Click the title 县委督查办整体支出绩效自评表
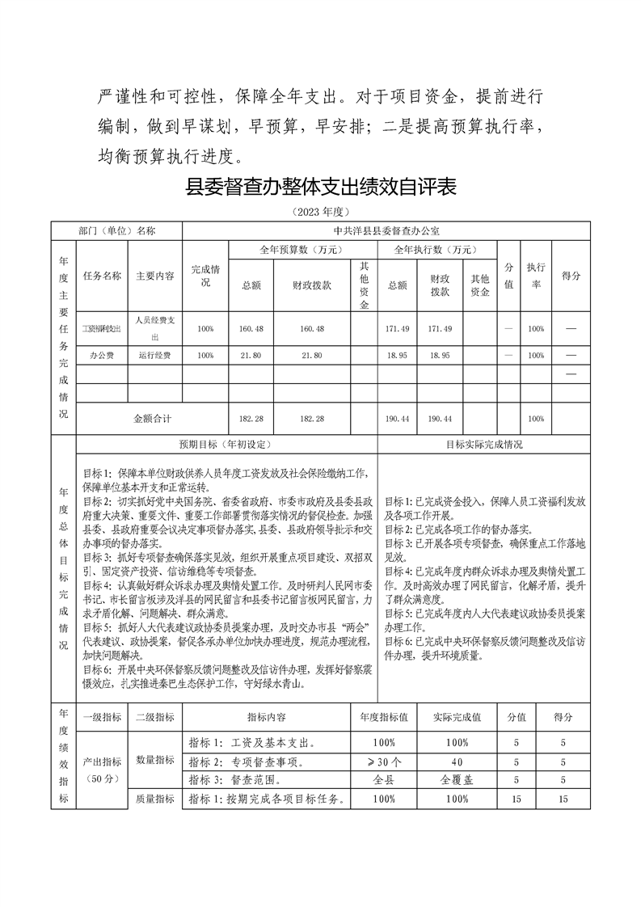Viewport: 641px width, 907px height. pos(321,188)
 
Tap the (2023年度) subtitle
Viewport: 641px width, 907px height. pos(320,212)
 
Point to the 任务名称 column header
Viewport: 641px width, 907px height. pos(102,276)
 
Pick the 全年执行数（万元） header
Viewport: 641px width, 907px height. pos(437,250)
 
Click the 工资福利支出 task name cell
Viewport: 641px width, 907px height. pos(102,329)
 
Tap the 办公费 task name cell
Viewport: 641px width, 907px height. pos(102,356)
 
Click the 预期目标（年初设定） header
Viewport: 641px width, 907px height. pos(226,445)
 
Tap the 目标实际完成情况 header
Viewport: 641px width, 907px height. pos(484,445)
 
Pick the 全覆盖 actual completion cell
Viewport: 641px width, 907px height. pos(457,780)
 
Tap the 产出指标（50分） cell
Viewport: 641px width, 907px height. pos(102,770)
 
